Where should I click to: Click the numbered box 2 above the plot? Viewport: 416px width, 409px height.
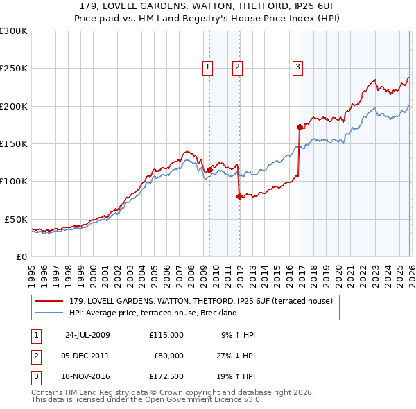237,67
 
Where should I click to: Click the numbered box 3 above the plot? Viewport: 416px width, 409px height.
297,67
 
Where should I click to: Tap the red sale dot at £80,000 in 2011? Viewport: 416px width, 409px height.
239,196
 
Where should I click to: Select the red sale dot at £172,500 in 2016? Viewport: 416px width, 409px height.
300,127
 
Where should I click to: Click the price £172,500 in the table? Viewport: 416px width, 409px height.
166,378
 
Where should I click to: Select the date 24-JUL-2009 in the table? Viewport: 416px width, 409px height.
87,334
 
